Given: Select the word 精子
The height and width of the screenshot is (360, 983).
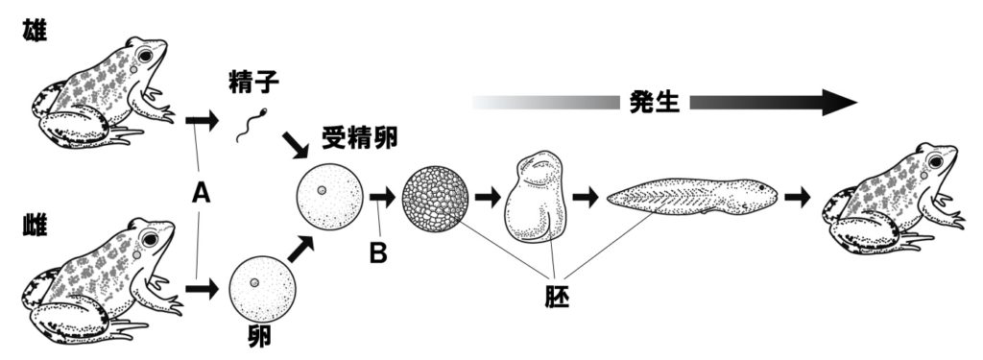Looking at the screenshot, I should coord(253,84).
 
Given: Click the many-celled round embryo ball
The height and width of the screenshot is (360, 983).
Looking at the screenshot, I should coord(437,198).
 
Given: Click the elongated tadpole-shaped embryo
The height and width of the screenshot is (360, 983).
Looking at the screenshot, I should coord(691,198).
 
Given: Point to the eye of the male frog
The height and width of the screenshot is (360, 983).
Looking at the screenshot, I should coord(146,57).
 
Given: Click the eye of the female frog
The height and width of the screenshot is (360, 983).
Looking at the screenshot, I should coord(150,238).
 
